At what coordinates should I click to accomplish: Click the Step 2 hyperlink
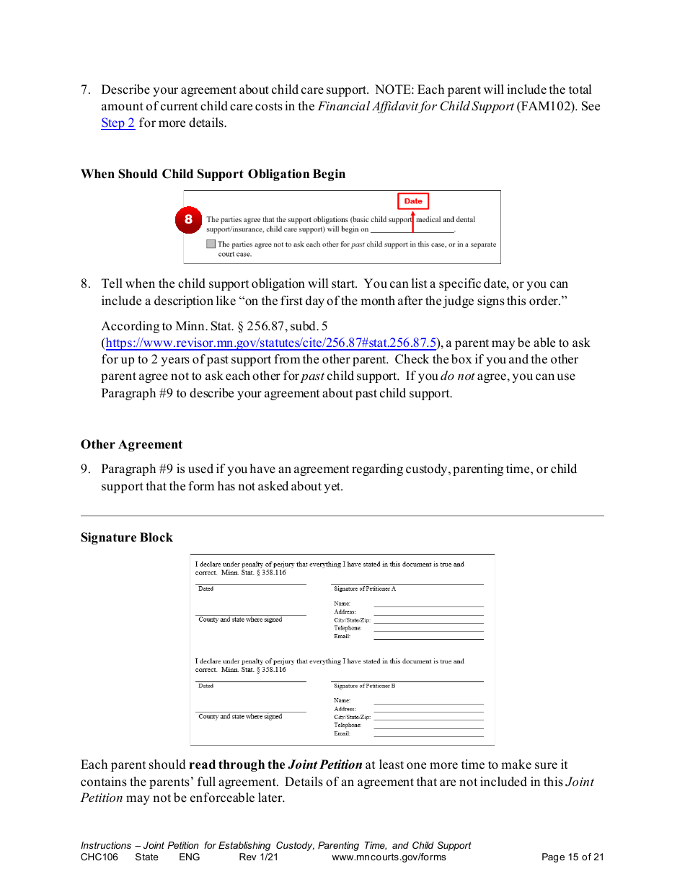click(118, 123)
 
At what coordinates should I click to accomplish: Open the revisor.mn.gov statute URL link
click(271, 343)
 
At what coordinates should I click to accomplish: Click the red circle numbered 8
click(188, 220)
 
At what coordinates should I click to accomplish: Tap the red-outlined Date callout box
click(413, 201)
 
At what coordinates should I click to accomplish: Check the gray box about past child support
click(211, 244)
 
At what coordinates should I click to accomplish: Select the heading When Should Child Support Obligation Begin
click(213, 174)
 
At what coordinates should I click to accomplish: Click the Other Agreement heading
click(131, 444)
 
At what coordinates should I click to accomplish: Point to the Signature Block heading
click(126, 537)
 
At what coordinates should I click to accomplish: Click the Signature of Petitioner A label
click(365, 589)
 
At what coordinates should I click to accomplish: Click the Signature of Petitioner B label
click(365, 686)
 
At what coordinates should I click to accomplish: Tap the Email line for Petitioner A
click(428, 637)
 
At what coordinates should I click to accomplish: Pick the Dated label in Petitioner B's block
click(206, 686)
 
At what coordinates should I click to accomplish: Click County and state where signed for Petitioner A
click(240, 620)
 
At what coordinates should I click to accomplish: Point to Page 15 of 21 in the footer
click(572, 857)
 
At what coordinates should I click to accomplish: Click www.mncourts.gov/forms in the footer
click(389, 857)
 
